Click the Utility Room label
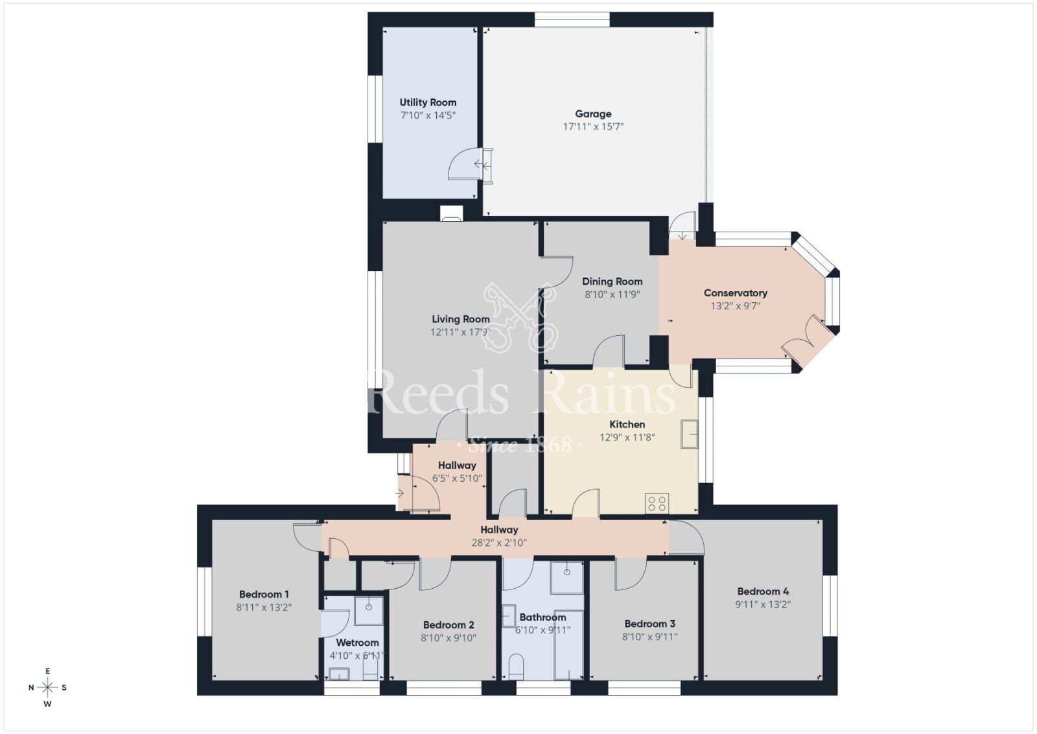pyautogui.click(x=428, y=102)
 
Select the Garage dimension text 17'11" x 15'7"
pyautogui.click(x=593, y=127)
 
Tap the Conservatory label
pyautogui.click(x=735, y=293)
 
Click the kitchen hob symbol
pyautogui.click(x=657, y=503)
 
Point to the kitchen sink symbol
pyautogui.click(x=690, y=434)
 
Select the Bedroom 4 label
pyautogui.click(x=763, y=591)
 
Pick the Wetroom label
pyautogui.click(x=357, y=643)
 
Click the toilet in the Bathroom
pyautogui.click(x=517, y=666)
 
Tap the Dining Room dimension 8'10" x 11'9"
pyautogui.click(x=612, y=294)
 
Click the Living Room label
pyautogui.click(x=460, y=319)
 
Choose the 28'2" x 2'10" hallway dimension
pyautogui.click(x=498, y=543)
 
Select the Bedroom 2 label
pyautogui.click(x=449, y=625)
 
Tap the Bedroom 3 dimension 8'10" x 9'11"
pyautogui.click(x=649, y=637)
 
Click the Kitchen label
pyautogui.click(x=627, y=425)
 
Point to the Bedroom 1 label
pyautogui.click(x=264, y=595)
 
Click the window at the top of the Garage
pyautogui.click(x=572, y=20)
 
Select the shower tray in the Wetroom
pyautogui.click(x=369, y=610)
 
